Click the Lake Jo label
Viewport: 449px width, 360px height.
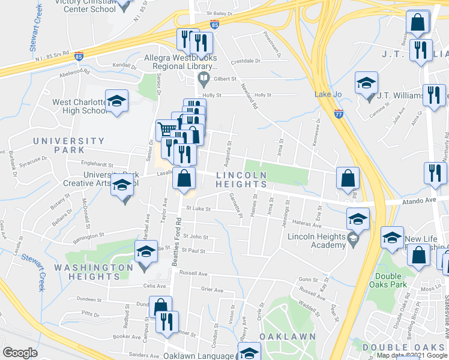tap(328, 94)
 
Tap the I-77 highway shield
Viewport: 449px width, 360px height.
tap(339, 112)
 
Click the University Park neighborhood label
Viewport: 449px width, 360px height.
tap(68, 145)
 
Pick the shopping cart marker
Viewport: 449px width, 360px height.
tap(167, 130)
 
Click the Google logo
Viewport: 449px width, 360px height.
tap(20, 353)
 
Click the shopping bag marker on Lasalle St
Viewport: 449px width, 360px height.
tap(184, 178)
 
